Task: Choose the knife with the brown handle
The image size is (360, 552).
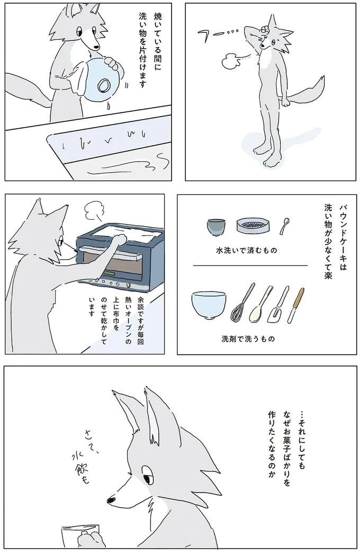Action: point(296,305)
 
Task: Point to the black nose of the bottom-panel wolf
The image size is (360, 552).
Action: point(111,499)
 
